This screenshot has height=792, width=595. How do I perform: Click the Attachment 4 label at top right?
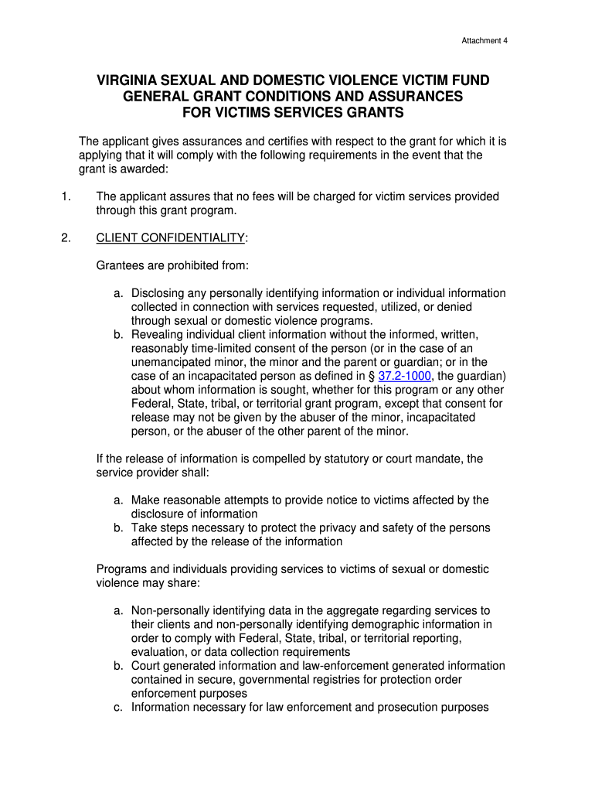pyautogui.click(x=484, y=40)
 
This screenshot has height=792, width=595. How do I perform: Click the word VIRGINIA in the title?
pyautogui.click(x=127, y=81)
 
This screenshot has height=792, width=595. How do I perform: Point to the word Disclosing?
pyautogui.click(x=159, y=293)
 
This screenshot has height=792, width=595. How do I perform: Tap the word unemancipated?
pyautogui.click(x=169, y=362)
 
